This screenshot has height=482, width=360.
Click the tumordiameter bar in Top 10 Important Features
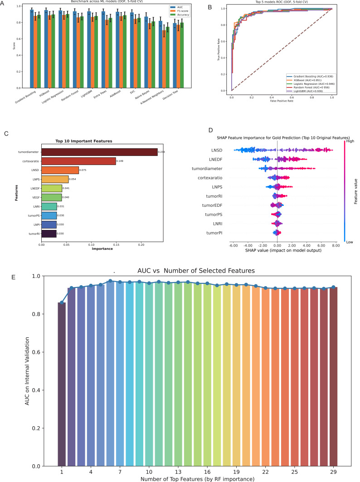[x=99, y=152]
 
